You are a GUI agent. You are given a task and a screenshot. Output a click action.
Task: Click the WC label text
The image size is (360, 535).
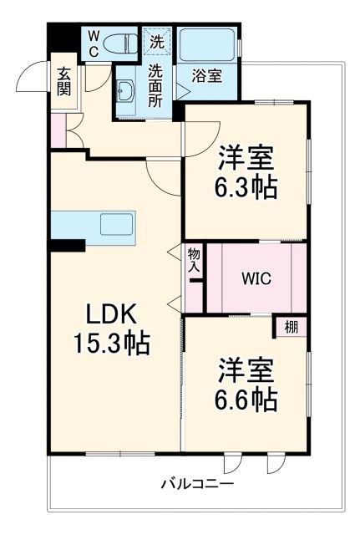[x=93, y=43]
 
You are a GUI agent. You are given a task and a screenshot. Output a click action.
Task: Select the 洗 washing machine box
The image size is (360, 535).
[x=157, y=39]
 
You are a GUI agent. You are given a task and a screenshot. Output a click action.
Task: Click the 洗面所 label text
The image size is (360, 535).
[x=155, y=86]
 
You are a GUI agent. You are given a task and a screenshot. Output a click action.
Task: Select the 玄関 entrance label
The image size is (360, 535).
[x=63, y=82]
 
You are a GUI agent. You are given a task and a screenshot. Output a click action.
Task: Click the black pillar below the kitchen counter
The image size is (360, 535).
[x=67, y=245]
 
